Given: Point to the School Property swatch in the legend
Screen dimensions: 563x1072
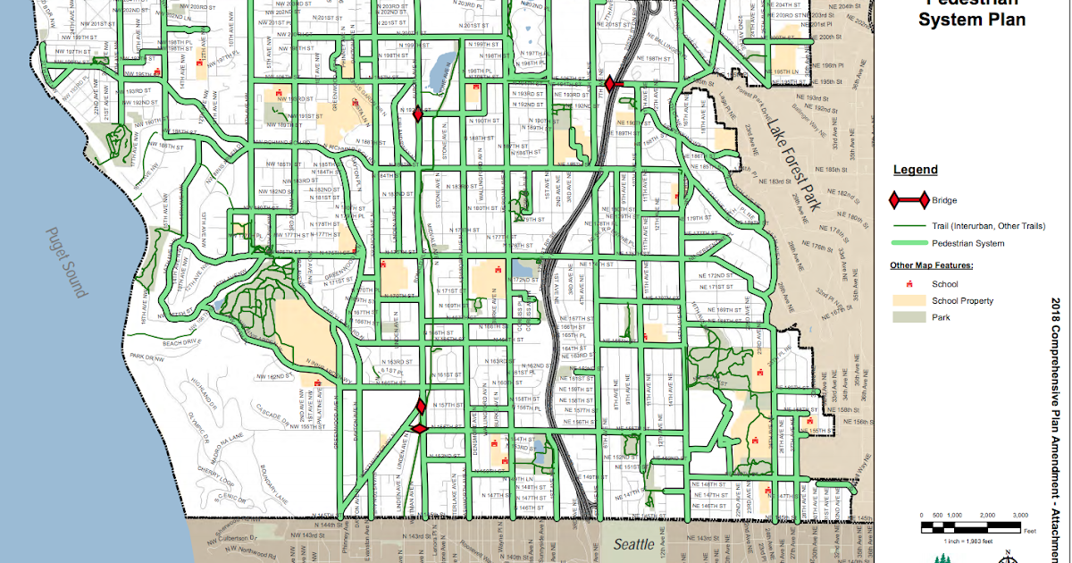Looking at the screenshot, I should point(908,301).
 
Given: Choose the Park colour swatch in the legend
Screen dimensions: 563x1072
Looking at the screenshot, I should point(908,317).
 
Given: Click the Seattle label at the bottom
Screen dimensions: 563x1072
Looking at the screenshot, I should point(633,543).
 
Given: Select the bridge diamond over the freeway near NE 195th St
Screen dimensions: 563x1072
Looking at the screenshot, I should point(609,84).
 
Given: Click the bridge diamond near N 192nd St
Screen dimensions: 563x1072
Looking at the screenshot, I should point(417,113).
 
